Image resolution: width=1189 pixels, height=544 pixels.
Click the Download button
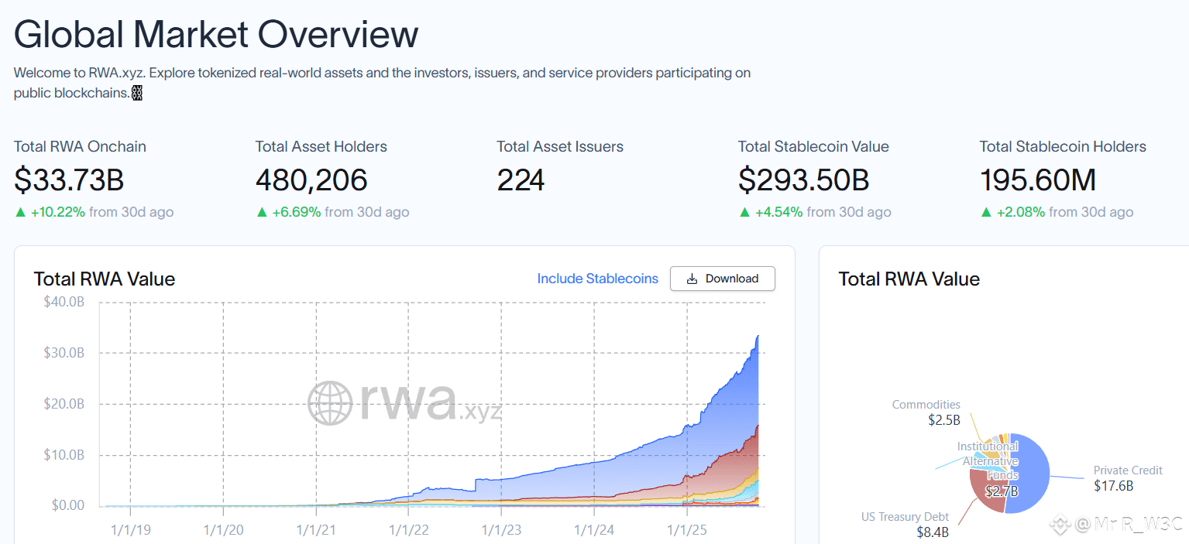[722, 279]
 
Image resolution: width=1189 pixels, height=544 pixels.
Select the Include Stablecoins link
[597, 279]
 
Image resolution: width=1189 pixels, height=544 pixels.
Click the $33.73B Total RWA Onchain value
[69, 180]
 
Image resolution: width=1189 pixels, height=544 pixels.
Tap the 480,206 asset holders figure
[311, 180]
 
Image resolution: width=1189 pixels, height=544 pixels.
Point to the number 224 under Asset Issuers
[521, 180]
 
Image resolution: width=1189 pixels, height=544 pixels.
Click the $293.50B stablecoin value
[803, 180]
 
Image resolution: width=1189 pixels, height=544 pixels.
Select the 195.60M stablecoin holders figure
[1038, 180]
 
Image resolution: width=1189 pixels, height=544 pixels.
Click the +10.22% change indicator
[57, 212]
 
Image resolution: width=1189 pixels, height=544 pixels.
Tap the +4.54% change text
[778, 212]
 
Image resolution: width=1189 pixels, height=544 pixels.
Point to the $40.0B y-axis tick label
[64, 302]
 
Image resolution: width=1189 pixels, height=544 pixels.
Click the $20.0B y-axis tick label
[64, 404]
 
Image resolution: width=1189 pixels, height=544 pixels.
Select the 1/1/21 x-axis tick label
[316, 530]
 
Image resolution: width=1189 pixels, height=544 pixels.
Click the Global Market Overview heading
[216, 34]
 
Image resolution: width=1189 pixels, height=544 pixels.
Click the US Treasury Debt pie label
[905, 517]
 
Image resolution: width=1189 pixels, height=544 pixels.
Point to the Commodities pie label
[926, 405]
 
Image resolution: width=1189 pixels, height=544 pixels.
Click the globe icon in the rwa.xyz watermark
[332, 402]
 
